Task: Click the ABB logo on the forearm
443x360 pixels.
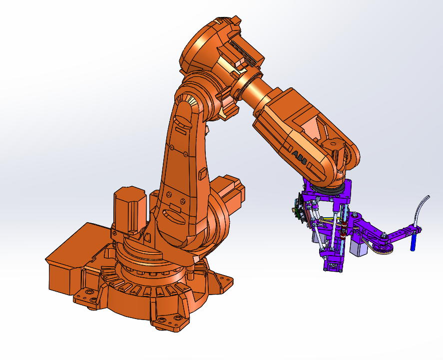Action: [x=300, y=158]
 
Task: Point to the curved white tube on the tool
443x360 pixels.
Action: [x=421, y=210]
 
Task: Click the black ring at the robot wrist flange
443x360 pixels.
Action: [x=328, y=190]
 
